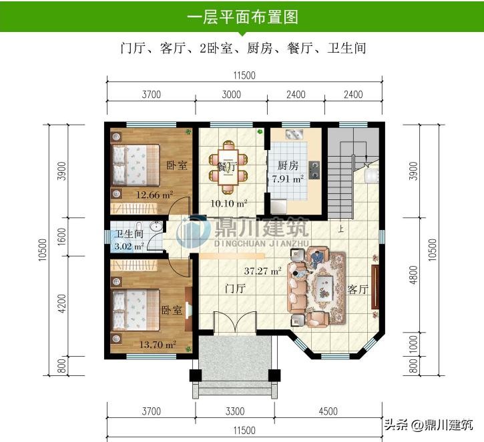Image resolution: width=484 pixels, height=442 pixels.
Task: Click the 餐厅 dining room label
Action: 226,167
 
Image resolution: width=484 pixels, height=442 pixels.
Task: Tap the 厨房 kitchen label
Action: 288,165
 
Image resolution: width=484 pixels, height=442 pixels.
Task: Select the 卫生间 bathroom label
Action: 129,233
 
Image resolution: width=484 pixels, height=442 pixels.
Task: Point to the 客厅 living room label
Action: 358,289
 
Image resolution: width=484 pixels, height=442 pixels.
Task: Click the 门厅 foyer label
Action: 236,288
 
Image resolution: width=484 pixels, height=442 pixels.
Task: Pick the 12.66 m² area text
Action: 154,195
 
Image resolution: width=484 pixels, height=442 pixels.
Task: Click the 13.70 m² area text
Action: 158,344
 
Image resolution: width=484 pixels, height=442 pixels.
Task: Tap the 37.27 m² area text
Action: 262,271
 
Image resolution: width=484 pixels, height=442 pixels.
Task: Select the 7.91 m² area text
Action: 287,179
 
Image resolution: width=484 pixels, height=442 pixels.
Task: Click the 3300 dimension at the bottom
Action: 235,411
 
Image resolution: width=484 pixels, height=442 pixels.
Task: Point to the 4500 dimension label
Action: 328,411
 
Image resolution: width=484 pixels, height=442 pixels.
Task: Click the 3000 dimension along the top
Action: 231,94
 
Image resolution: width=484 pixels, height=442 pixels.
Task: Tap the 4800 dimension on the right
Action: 414,275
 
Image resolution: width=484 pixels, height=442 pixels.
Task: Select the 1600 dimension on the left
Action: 61,237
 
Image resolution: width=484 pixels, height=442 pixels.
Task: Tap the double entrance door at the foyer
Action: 235,322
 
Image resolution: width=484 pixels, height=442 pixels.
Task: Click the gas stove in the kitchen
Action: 314,170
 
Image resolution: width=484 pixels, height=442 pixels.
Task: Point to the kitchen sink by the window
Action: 294,135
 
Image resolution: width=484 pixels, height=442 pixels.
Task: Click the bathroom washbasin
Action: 156,226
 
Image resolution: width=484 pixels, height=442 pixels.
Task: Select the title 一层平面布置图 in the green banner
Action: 242,17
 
